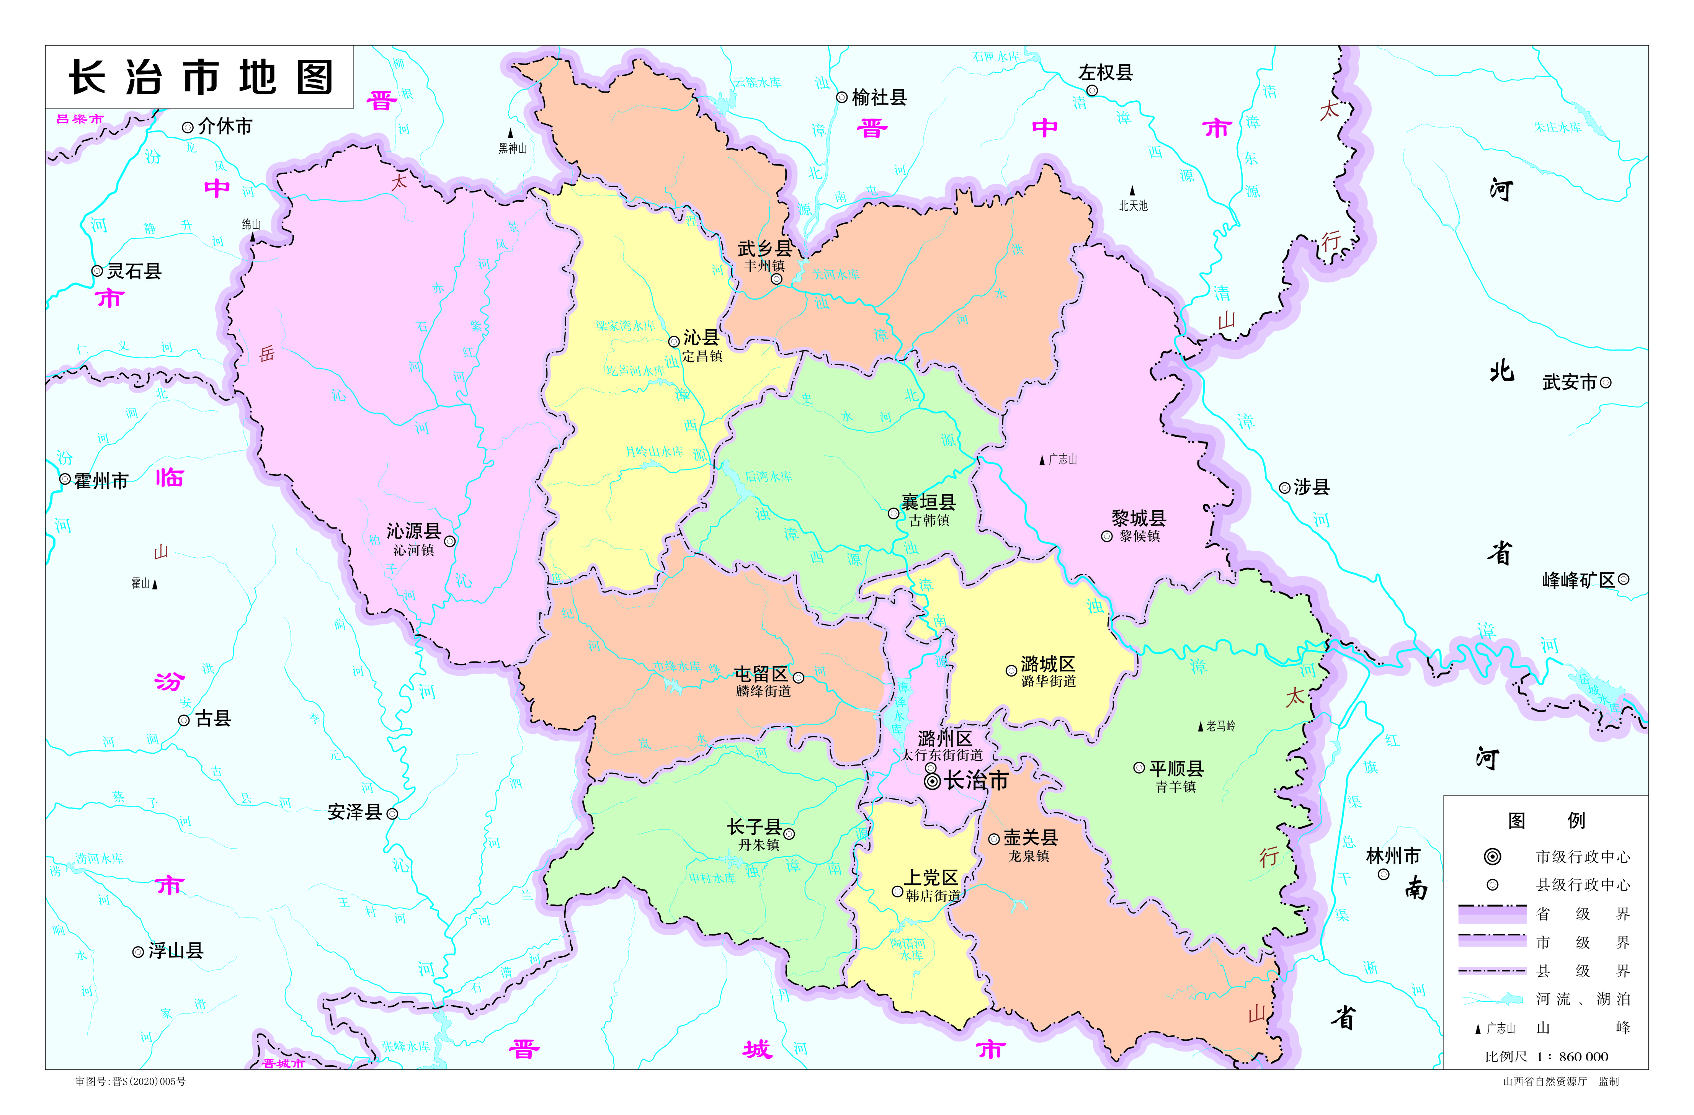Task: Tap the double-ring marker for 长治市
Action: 933,781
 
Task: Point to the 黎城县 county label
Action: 1139,518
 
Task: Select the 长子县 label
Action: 754,827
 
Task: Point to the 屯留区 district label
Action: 761,674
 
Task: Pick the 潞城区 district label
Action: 1048,664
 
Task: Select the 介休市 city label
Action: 225,127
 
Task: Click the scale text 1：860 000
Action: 1583,1057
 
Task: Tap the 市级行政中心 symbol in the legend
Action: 1493,857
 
